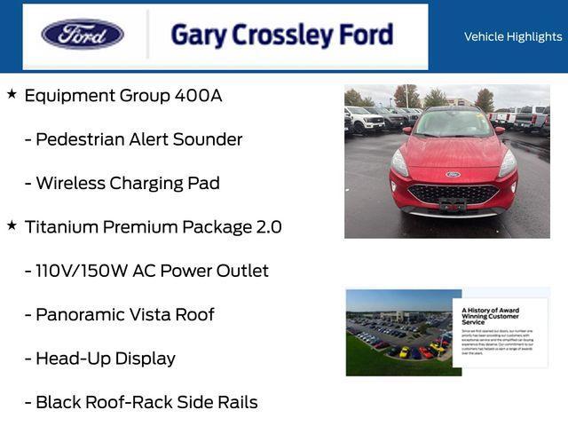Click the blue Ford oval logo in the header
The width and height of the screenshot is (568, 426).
pos(83,35)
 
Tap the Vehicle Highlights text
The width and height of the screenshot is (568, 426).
pos(513,36)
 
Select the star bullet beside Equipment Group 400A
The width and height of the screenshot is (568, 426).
pos(12,93)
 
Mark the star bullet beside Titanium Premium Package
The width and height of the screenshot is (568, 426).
pos(12,225)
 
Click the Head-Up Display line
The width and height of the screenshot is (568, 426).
pos(105,359)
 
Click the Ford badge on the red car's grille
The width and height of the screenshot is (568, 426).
pos(453,175)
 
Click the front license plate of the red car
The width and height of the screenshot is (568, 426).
pos(453,205)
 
